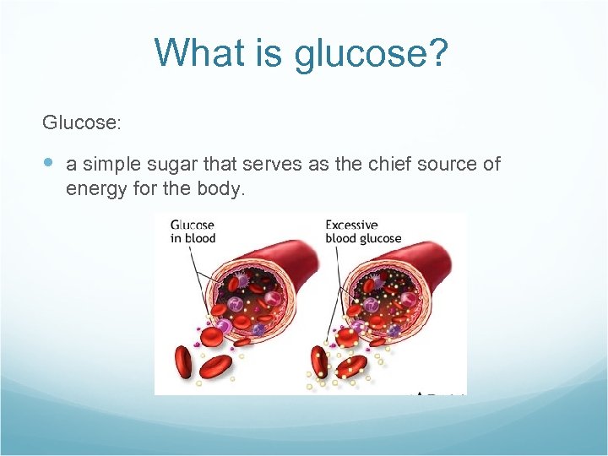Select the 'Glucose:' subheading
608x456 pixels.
click(x=82, y=123)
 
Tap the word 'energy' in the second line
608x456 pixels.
click(x=94, y=188)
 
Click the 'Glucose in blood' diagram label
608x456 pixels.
click(x=193, y=231)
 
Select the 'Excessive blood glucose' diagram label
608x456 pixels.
click(x=363, y=231)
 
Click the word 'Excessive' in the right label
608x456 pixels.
click(x=351, y=225)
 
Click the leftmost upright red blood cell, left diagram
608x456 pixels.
click(x=182, y=361)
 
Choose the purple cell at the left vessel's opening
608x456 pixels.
click(x=224, y=326)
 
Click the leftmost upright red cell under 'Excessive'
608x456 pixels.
click(x=318, y=361)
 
